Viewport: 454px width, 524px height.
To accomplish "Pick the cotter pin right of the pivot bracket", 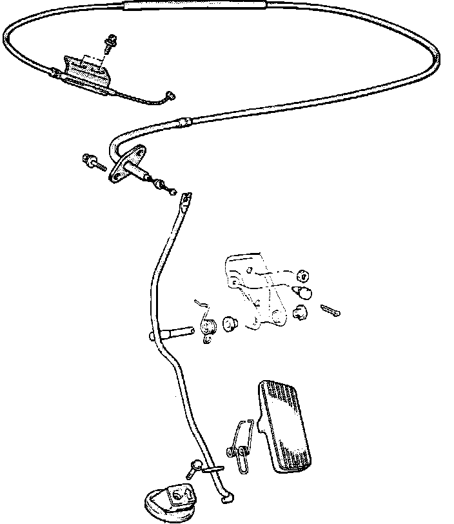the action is coord(331,312).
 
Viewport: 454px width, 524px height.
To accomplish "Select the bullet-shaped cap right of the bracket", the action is coord(305,294).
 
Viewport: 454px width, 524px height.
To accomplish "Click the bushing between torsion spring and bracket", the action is coord(230,323).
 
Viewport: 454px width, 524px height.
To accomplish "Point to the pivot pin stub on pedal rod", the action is coord(174,333).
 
